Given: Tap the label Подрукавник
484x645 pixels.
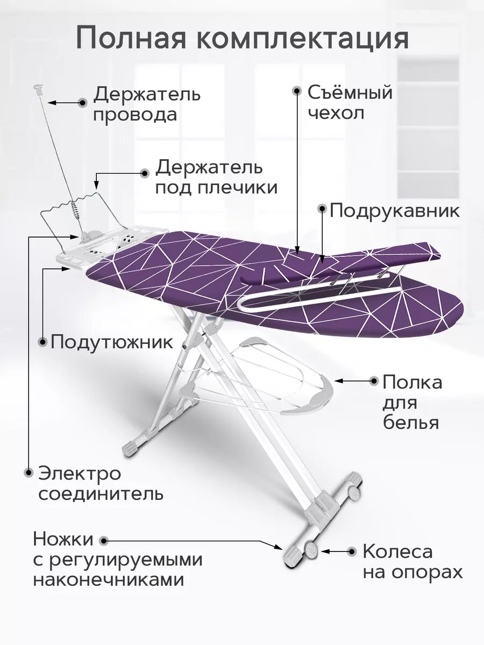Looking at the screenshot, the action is (x=395, y=210).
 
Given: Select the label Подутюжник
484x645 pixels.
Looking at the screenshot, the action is (x=112, y=342).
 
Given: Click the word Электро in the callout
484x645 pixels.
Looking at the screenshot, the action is (x=80, y=474).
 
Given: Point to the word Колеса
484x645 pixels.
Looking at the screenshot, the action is (x=397, y=551).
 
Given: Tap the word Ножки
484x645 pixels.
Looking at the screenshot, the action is (x=63, y=539).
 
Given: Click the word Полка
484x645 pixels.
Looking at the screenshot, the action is (x=412, y=383).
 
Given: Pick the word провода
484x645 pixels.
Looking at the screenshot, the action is (x=135, y=114).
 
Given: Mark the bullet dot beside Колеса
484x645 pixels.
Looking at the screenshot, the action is (x=352, y=551).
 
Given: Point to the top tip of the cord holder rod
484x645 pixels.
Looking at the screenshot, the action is (x=38, y=87).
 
